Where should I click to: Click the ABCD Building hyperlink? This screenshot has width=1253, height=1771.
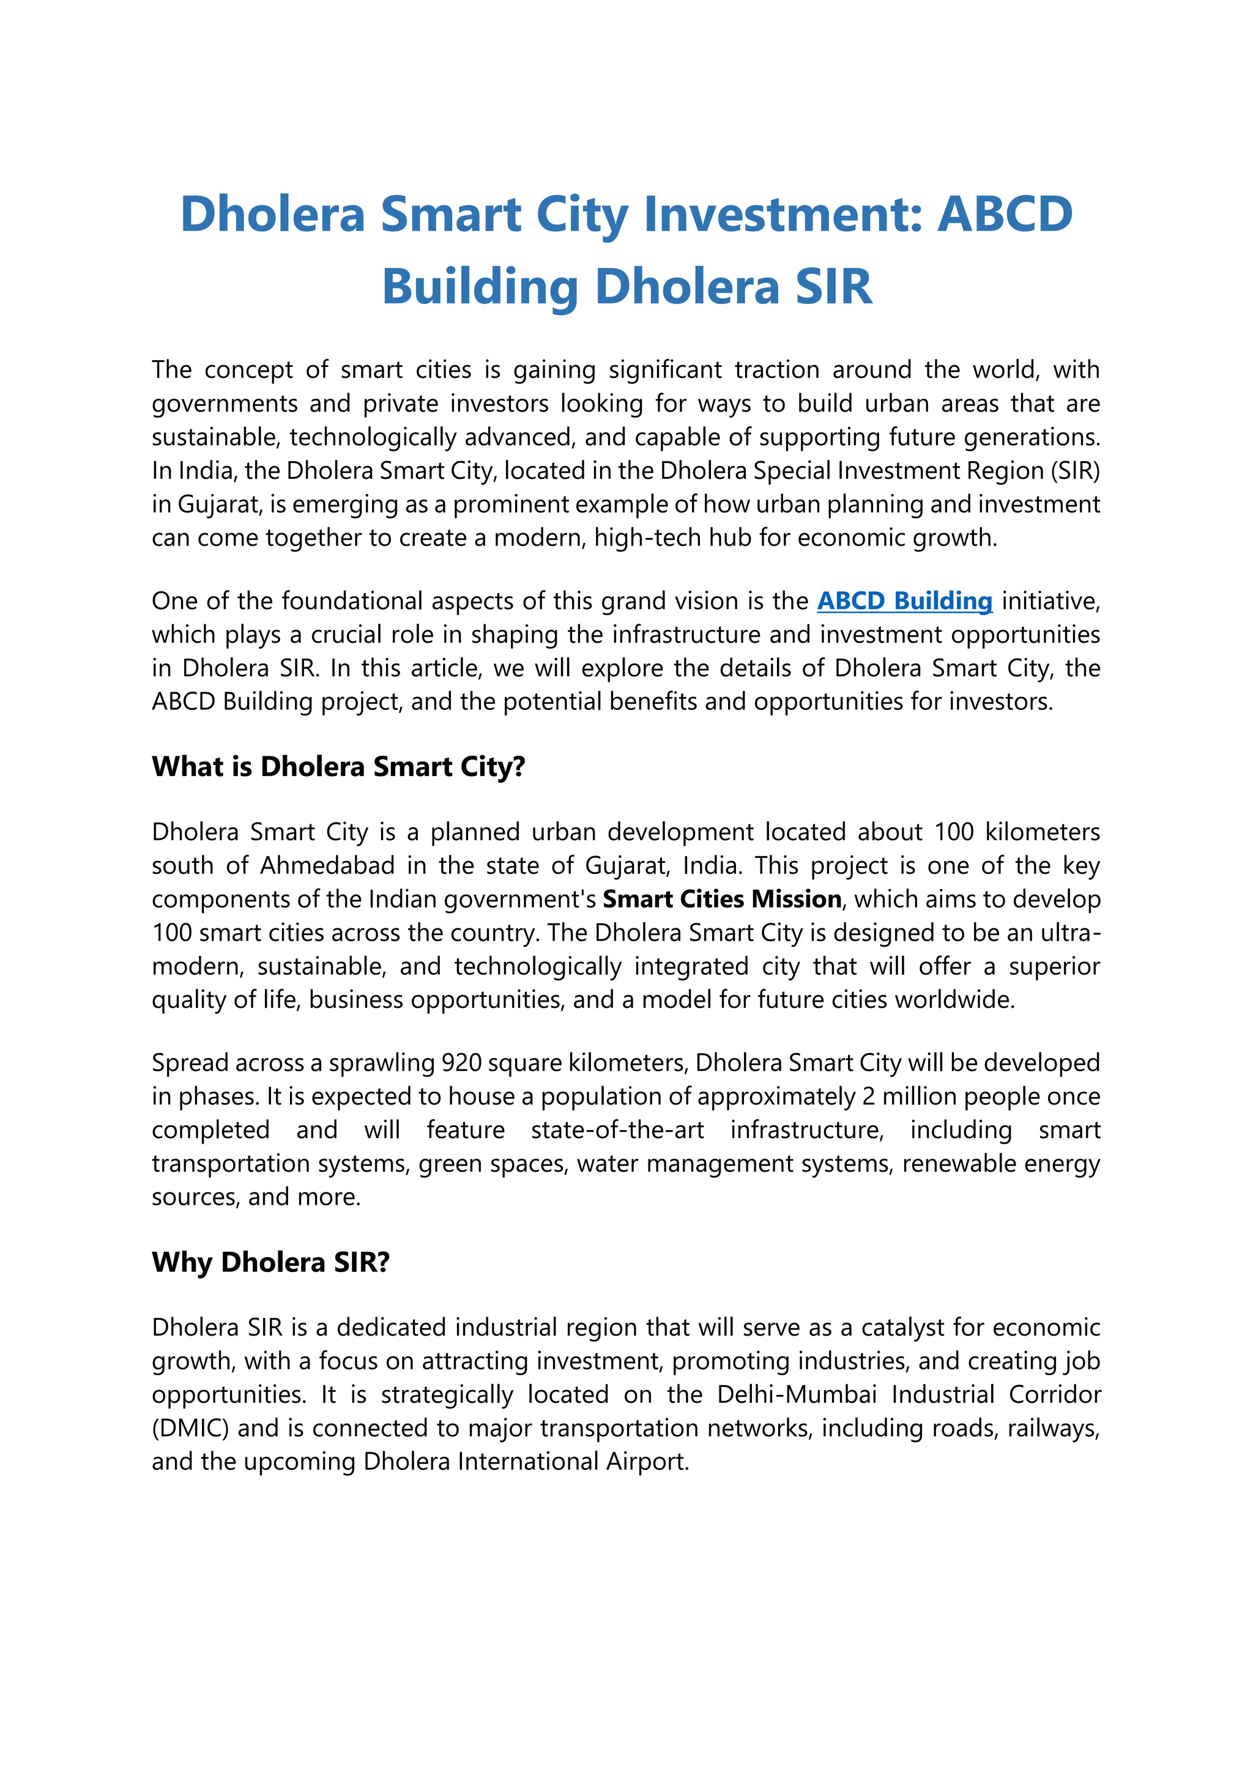[904, 601]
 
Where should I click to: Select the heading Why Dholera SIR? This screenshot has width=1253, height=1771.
[271, 1263]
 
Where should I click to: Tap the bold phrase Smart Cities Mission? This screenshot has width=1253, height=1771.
[721, 900]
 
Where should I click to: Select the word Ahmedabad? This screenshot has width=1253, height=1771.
[327, 865]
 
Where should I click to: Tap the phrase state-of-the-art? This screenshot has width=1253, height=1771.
[617, 1130]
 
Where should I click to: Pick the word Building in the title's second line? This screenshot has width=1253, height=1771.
[480, 287]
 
